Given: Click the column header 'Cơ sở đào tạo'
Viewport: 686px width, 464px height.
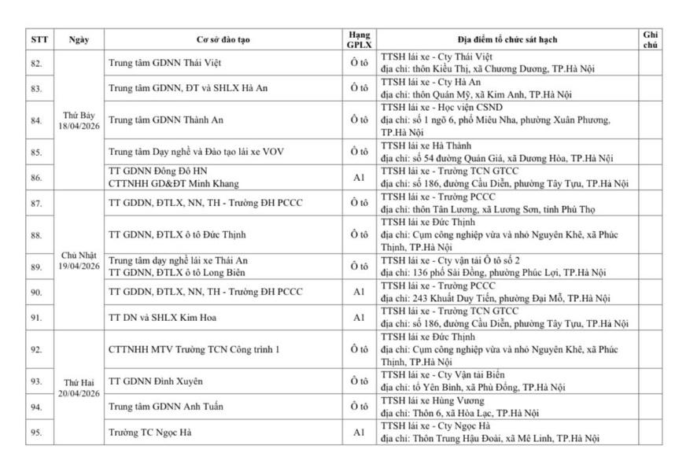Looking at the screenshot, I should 223,39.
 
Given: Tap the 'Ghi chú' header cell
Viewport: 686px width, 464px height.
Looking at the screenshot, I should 650,39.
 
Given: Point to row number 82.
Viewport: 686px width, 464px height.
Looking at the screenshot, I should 36,63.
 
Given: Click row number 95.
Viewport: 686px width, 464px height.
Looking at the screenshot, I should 36,433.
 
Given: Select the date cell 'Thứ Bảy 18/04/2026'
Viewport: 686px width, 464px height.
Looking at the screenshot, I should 79,120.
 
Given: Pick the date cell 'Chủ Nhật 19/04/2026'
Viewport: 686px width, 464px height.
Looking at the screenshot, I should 79,260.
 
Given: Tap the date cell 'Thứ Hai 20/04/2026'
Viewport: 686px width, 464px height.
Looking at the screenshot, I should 79,387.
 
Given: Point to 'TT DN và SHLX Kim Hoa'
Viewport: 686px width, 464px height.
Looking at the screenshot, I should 161,318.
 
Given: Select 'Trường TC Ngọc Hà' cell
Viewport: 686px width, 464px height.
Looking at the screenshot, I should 149,433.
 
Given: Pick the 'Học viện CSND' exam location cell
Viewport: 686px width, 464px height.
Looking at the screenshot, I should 507,120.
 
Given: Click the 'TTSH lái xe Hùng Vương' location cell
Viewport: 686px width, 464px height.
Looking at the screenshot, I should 507,407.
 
